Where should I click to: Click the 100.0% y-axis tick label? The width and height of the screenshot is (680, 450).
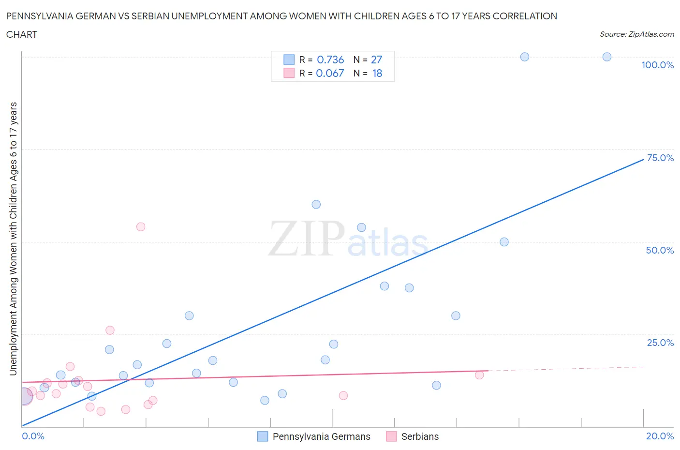click(657, 65)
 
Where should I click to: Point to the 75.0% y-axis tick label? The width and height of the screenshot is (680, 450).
click(660, 158)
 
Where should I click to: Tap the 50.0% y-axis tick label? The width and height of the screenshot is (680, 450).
click(660, 250)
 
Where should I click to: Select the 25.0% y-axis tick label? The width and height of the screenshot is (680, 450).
click(660, 343)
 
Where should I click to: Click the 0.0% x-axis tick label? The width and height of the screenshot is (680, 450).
click(33, 436)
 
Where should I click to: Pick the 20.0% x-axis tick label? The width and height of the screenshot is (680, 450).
click(660, 436)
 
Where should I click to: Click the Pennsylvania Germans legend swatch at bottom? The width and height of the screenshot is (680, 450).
click(262, 436)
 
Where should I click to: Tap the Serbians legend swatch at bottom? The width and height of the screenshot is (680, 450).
click(391, 436)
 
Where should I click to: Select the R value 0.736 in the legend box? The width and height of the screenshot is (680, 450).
click(330, 60)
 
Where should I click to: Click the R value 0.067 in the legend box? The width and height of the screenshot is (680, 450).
click(330, 73)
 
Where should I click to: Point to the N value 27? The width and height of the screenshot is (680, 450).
click(376, 60)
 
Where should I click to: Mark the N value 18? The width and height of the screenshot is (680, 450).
click(377, 73)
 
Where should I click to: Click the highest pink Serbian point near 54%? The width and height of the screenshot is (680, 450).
click(141, 226)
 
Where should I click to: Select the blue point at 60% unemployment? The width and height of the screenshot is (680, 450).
click(316, 204)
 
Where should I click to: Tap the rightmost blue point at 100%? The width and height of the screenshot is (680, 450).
click(607, 57)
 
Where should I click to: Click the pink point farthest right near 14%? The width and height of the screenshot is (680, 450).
click(479, 375)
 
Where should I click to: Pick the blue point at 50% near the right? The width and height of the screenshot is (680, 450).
click(504, 242)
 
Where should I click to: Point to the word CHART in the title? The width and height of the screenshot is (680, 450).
click(22, 34)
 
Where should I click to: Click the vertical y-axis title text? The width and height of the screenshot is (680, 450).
click(13, 239)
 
